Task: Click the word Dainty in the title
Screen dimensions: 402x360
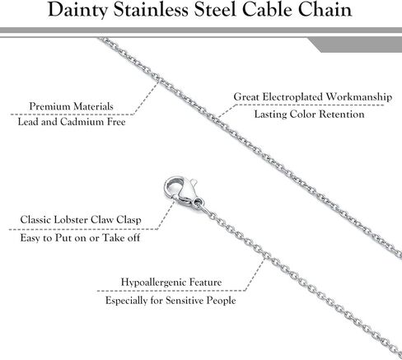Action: (77, 11)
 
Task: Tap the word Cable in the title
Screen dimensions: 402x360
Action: (268, 10)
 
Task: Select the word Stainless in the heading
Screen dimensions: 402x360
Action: (151, 10)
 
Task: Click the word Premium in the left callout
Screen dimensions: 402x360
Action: (49, 106)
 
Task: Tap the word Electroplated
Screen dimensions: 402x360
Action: (292, 97)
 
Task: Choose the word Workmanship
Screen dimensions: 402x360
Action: (359, 97)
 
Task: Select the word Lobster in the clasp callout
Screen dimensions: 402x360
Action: (71, 220)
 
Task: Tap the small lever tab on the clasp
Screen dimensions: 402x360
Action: (194, 182)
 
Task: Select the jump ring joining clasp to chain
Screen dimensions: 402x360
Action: (198, 203)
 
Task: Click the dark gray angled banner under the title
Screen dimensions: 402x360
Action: (355, 44)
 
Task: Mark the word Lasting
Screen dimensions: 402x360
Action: (270, 115)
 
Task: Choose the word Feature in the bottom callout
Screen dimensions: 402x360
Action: (206, 282)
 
